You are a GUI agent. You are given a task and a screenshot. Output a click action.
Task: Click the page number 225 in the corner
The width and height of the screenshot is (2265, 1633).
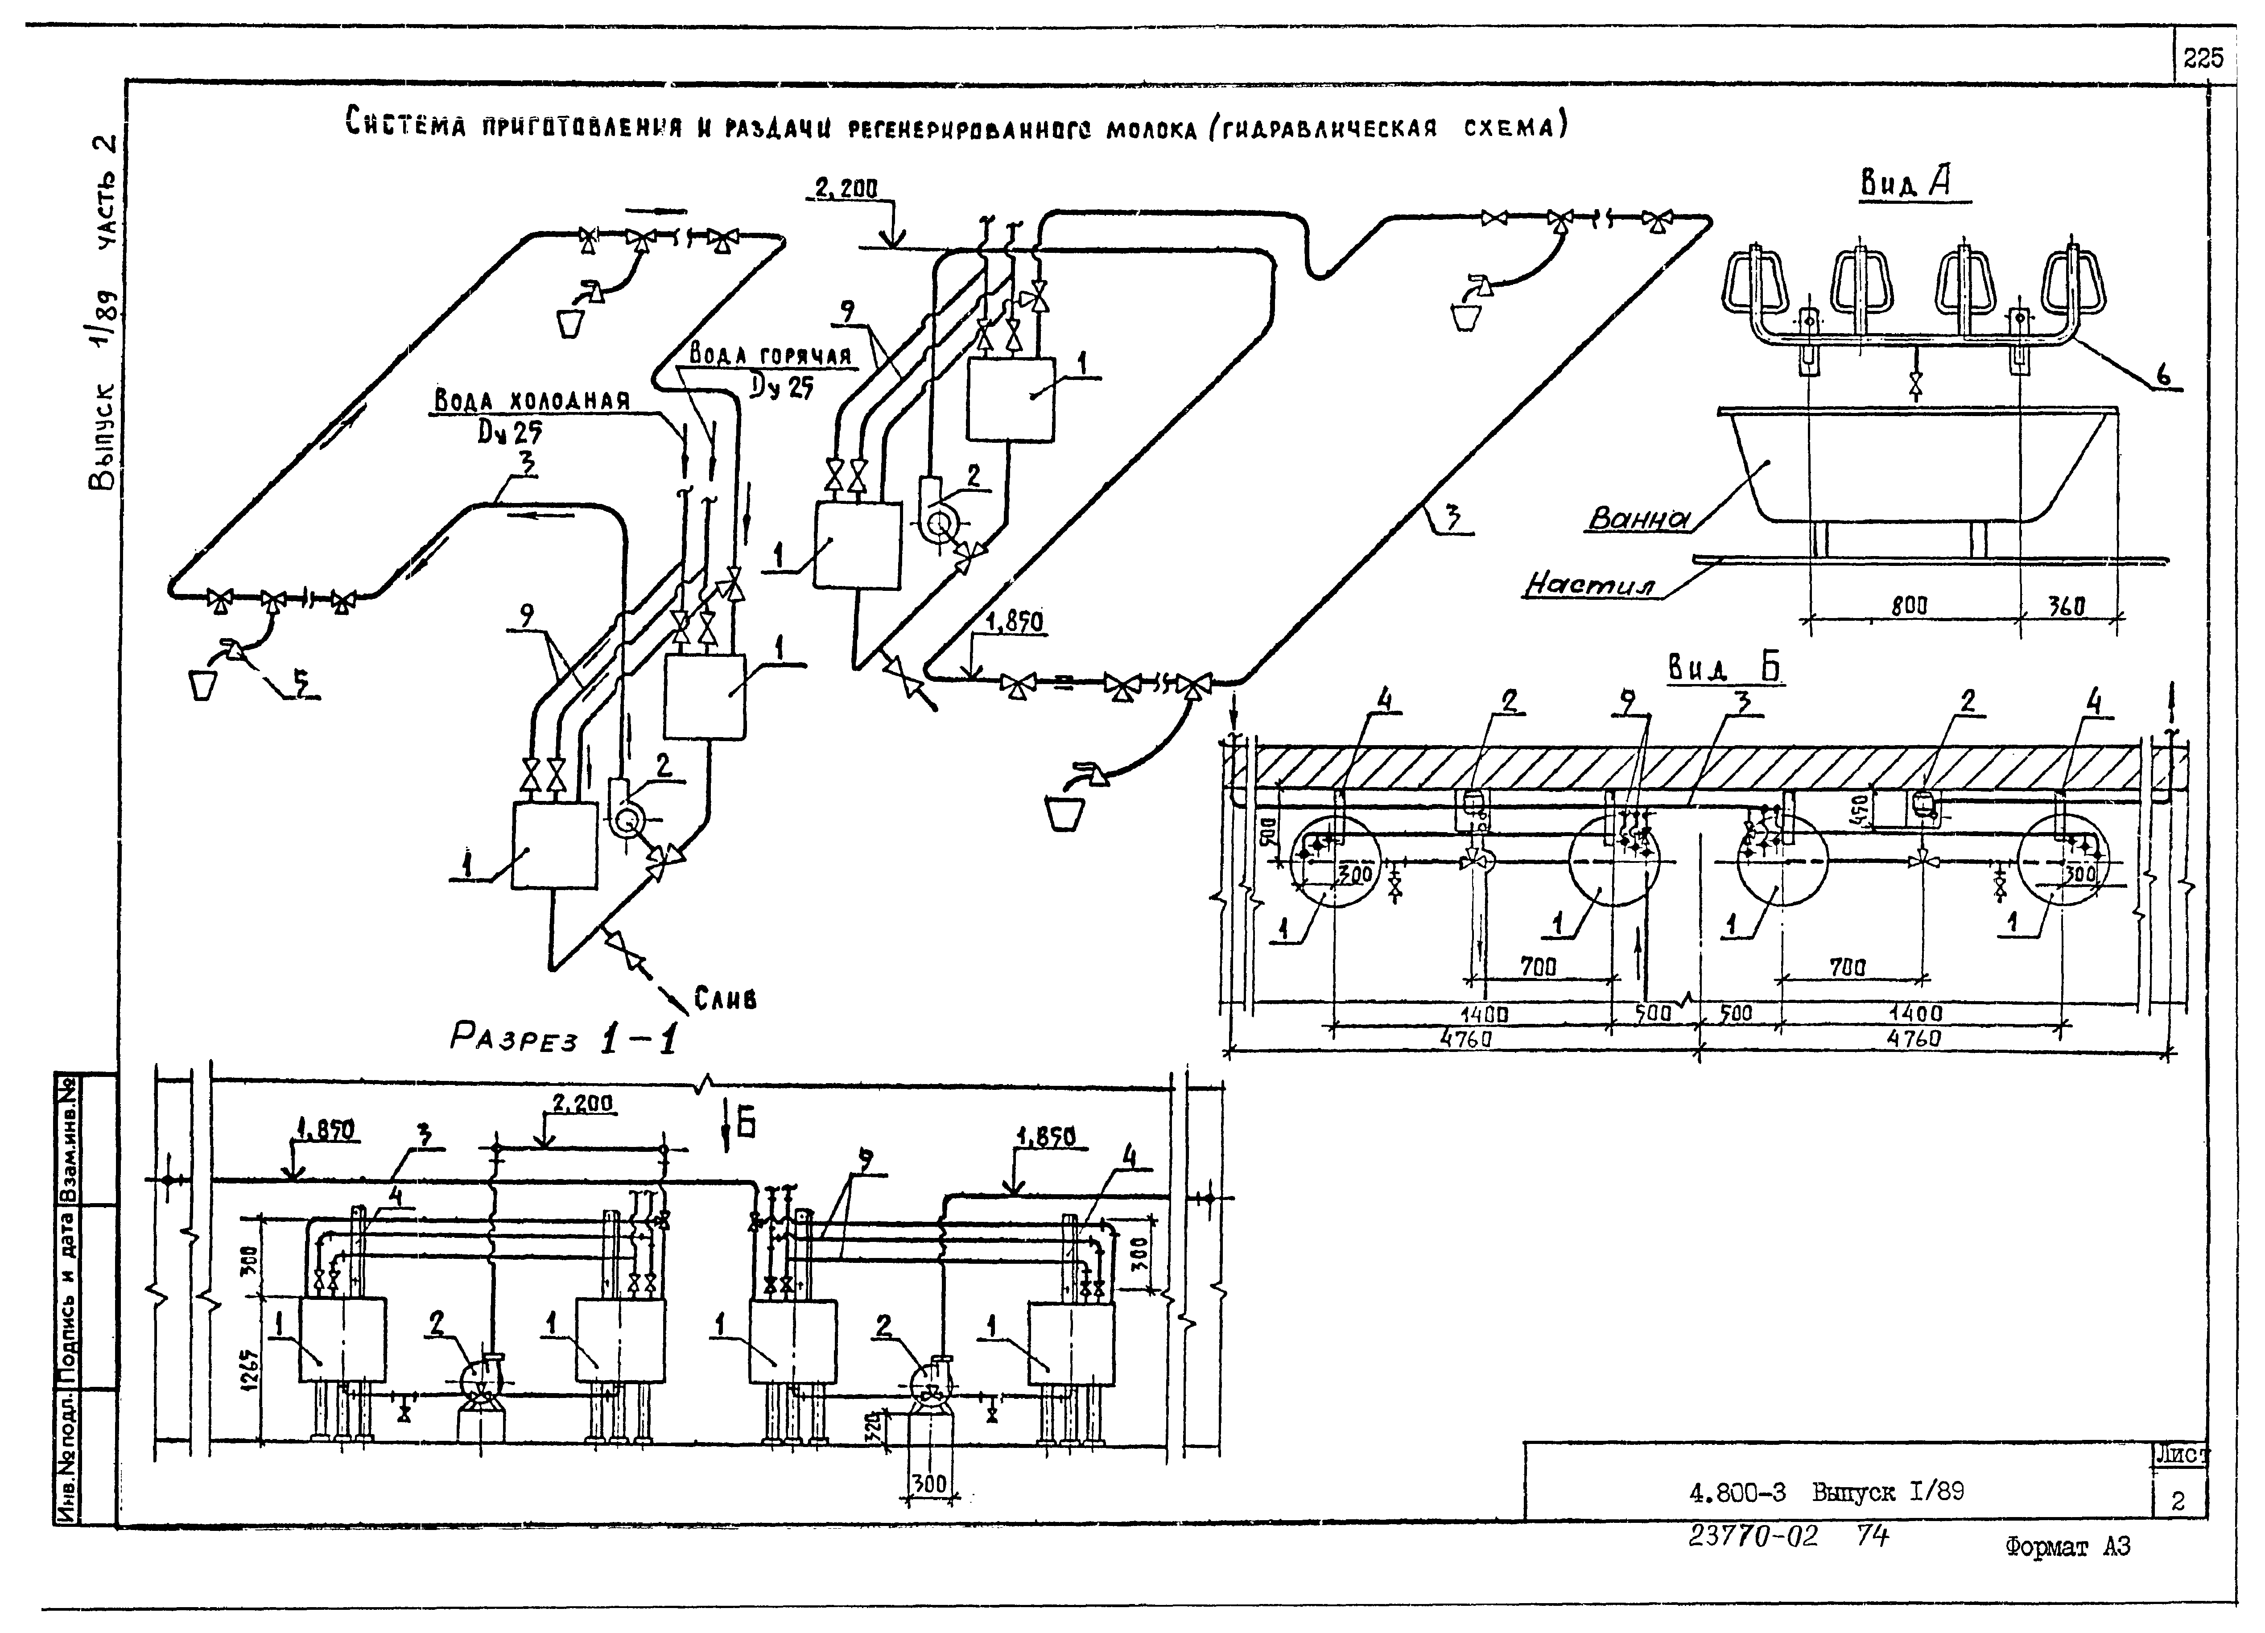click(2203, 59)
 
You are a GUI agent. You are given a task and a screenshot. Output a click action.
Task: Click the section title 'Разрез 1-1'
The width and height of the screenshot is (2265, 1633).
click(564, 1039)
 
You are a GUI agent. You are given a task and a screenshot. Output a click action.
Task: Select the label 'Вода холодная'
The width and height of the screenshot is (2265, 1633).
click(532, 400)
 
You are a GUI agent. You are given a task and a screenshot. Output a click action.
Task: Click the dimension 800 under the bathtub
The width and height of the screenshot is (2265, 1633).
click(1909, 605)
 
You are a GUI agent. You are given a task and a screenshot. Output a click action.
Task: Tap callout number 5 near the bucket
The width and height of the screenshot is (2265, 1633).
click(300, 682)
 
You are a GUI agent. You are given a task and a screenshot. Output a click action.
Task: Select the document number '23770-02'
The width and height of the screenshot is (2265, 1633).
click(1753, 1535)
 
